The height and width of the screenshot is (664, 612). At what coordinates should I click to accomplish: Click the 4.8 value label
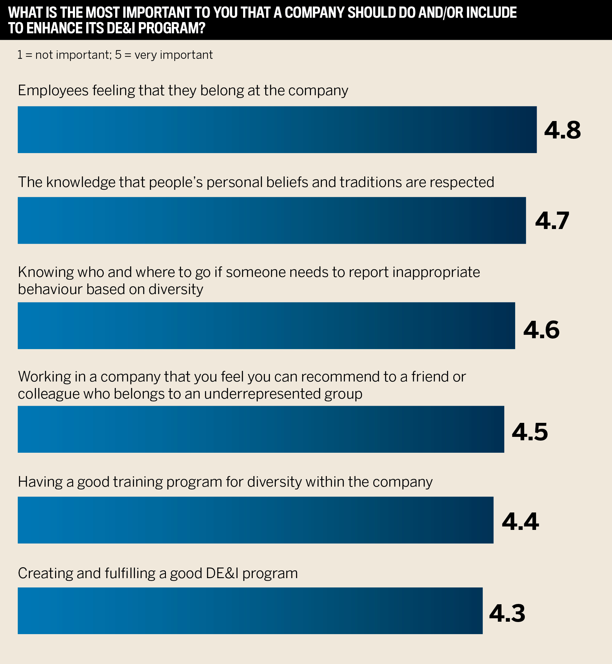tap(562, 130)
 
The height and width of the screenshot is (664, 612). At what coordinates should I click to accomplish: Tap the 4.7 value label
tap(552, 221)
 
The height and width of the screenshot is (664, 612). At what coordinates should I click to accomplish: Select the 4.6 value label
tap(541, 330)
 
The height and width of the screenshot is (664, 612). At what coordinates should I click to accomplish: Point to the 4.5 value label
tap(530, 432)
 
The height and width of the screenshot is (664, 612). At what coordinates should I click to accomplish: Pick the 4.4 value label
tap(520, 522)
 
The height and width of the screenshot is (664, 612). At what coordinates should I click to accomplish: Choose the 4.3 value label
tap(507, 613)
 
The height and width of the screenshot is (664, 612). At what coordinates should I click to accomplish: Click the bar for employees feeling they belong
tap(277, 130)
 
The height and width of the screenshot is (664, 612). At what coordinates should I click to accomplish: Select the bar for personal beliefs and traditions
tap(271, 220)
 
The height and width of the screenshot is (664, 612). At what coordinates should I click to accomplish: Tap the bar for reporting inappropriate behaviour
tap(266, 325)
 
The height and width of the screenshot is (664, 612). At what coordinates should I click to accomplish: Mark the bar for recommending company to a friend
tap(261, 429)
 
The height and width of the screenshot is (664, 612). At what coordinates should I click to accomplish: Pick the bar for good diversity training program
tap(255, 520)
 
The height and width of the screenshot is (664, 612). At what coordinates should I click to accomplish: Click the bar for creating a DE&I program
tap(250, 611)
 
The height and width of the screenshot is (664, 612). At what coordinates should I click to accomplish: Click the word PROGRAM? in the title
tap(172, 28)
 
